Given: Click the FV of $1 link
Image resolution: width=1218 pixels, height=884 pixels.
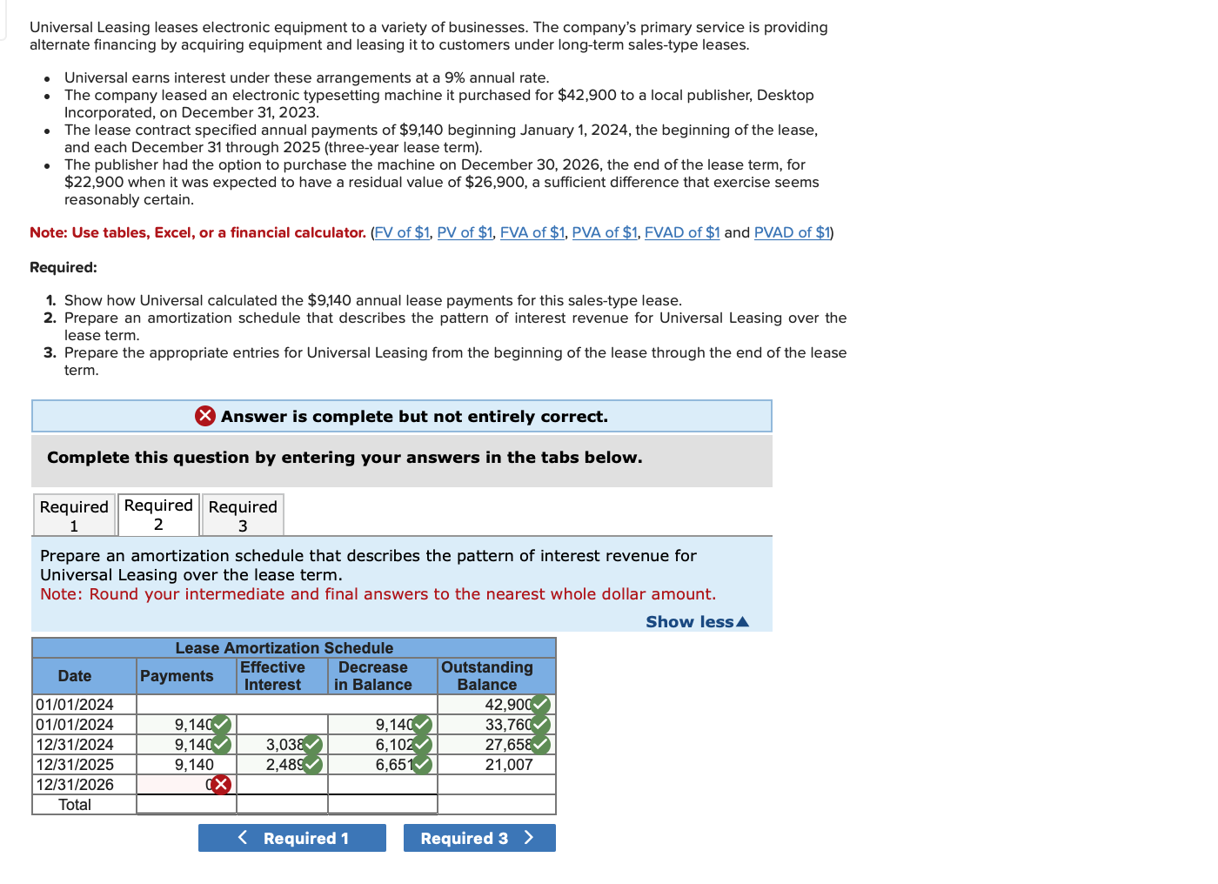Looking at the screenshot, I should pyautogui.click(x=401, y=232).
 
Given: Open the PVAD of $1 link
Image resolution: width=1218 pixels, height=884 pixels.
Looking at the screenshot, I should pyautogui.click(x=792, y=232).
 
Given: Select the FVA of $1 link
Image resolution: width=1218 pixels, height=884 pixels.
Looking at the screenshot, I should pyautogui.click(x=532, y=232).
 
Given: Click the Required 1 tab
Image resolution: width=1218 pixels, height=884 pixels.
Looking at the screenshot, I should pyautogui.click(x=74, y=515).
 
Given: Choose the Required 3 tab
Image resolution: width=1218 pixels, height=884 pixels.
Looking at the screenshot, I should pyautogui.click(x=243, y=515).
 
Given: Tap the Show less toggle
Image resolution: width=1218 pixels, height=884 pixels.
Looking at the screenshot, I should pyautogui.click(x=696, y=621).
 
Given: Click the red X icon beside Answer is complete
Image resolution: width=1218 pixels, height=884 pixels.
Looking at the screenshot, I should pyautogui.click(x=205, y=416).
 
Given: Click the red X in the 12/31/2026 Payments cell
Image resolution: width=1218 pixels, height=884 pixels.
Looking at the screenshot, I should pyautogui.click(x=221, y=785).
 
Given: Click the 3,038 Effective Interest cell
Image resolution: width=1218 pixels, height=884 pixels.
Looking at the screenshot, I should pyautogui.click(x=283, y=745).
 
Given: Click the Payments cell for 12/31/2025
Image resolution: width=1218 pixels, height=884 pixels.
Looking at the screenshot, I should pyautogui.click(x=186, y=765).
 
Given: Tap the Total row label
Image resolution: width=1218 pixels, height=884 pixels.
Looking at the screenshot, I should pyautogui.click(x=75, y=805).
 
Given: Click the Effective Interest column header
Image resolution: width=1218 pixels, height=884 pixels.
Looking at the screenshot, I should pyautogui.click(x=272, y=676).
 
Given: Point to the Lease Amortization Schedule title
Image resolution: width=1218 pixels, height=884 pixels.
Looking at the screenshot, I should pyautogui.click(x=284, y=648).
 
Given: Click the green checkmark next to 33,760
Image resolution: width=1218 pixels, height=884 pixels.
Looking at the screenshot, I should pyautogui.click(x=540, y=725).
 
